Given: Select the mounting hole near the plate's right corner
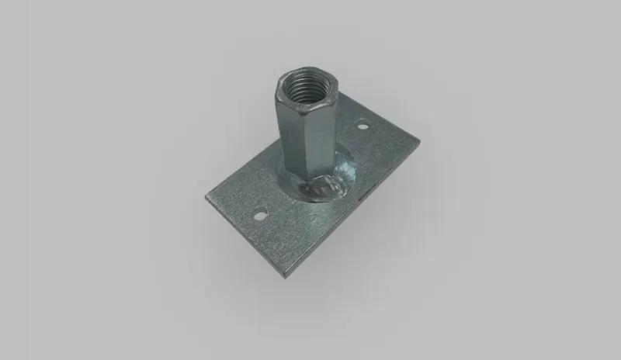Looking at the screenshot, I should pos(362,123).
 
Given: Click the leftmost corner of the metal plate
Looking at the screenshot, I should pos(206,196).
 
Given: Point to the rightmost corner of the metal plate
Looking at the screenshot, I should pos(420,140).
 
